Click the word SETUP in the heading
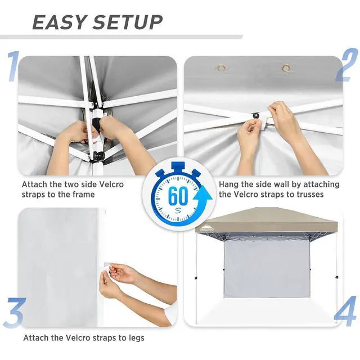pos(128,22)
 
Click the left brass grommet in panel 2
pos(221,68)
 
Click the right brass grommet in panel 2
pos(286,68)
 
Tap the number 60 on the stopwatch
pos(178,196)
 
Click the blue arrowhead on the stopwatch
pos(202,195)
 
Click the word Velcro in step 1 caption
pos(111,184)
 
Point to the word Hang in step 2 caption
pos(228,184)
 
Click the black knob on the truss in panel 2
pos(255,115)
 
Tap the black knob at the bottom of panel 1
pos(100,156)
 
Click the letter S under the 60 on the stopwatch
pos(178,210)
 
